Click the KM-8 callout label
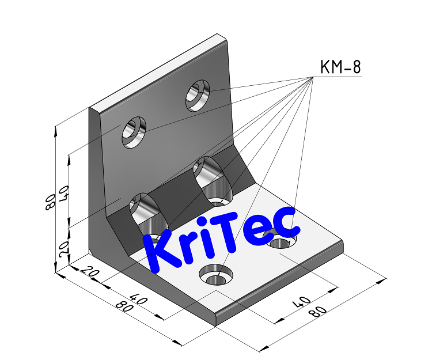(340, 68)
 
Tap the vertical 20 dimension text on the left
(63, 248)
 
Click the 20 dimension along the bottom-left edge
(91, 273)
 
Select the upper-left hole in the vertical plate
(133, 132)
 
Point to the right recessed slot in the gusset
(212, 180)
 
